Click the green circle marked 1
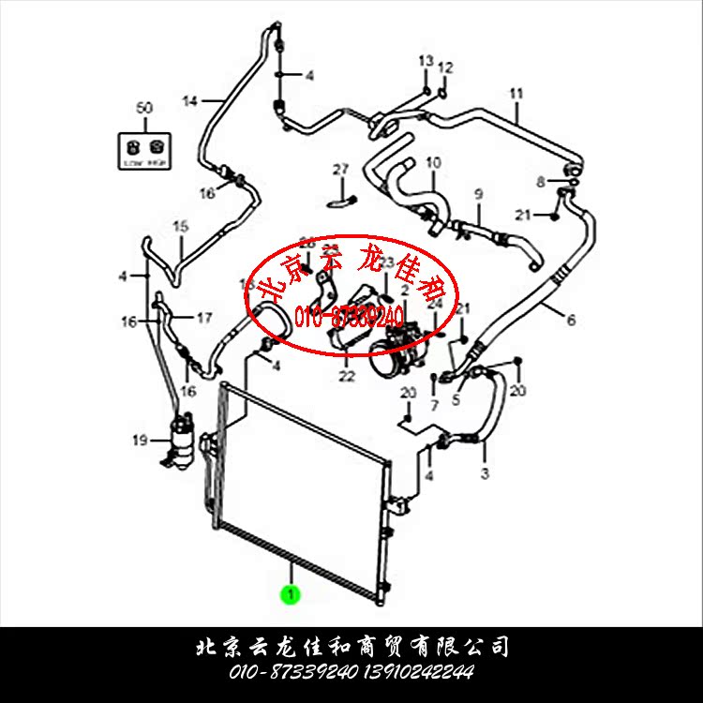coord(292,593)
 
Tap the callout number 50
coord(143,109)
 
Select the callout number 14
coord(190,101)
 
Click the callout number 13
coord(426,61)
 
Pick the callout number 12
coord(445,67)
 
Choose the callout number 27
coord(340,170)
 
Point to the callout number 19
coord(140,441)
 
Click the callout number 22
coord(347,377)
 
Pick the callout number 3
coord(485,474)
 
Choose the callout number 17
coord(203,317)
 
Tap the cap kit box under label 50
coord(143,149)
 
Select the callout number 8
coord(540,181)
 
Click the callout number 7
coord(434,405)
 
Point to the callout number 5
coord(456,400)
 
